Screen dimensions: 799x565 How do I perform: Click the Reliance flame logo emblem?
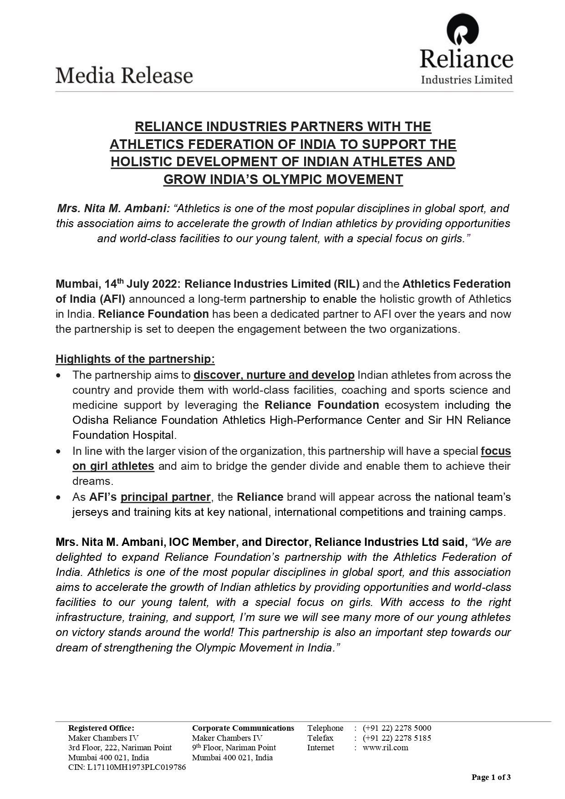pos(463,30)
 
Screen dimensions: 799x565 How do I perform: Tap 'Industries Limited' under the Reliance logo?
pos(467,80)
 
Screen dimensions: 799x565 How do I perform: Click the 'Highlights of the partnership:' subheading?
pos(135,359)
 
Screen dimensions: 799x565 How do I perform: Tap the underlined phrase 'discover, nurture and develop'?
pos(274,375)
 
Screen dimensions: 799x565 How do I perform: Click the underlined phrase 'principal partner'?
pos(166,497)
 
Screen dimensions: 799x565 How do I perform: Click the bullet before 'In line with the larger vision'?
pos(58,452)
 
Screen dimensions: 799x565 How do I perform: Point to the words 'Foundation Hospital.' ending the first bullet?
pos(124,435)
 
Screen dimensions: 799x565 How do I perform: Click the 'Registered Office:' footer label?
pos(101,728)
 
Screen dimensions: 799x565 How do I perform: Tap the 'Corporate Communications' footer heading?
pos(243,728)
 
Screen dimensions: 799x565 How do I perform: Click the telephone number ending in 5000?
pos(397,728)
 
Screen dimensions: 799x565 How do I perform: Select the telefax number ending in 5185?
pos(397,738)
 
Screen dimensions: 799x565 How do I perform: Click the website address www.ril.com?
pos(386,748)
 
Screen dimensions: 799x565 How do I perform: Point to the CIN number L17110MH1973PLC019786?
pos(127,767)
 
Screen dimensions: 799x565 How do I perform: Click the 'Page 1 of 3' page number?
pos(491,777)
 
